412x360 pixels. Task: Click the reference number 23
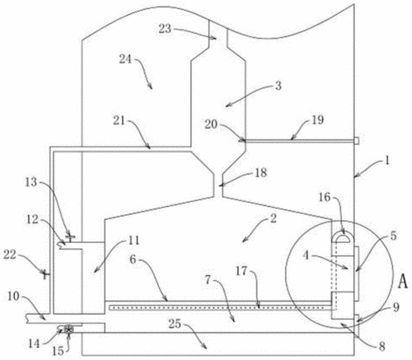(165, 29)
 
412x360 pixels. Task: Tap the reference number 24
(125, 59)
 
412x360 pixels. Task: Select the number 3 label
(279, 86)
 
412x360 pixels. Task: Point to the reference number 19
(318, 119)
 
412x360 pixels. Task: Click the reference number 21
(119, 120)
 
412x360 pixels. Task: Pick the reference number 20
(211, 124)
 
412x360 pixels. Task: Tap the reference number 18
(260, 173)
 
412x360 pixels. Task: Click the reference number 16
(325, 197)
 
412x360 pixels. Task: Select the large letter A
(403, 282)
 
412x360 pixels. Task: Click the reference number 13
(31, 182)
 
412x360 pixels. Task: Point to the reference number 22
(10, 255)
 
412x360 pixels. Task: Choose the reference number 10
(14, 297)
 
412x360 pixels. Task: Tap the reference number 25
(175, 324)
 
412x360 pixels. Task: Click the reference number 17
(241, 271)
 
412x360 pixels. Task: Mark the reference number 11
(133, 241)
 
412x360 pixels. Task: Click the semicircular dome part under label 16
(342, 237)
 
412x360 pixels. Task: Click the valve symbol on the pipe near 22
(45, 274)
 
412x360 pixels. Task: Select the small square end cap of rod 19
(356, 141)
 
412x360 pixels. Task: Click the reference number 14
(34, 344)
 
